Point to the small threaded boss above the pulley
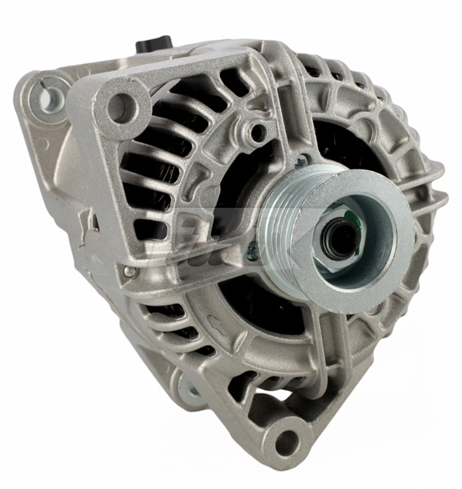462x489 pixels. coord(258,131)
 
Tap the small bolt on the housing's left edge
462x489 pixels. coord(129,271)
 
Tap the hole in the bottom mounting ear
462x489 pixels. coord(287,441)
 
